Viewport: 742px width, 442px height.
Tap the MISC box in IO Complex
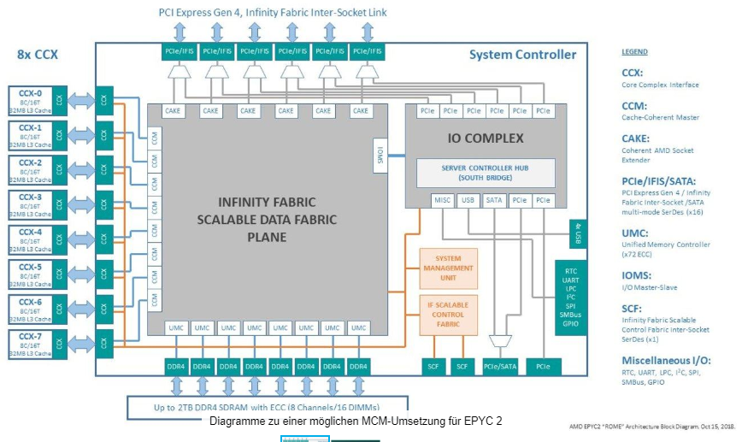(x=441, y=200)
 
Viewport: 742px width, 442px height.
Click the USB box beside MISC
(x=468, y=200)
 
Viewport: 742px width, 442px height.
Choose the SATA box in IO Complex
(x=494, y=200)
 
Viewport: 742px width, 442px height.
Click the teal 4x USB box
(x=577, y=234)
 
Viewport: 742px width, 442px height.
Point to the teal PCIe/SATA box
(x=500, y=366)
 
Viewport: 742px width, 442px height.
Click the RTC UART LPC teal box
(x=571, y=296)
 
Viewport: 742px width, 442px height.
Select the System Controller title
(x=522, y=55)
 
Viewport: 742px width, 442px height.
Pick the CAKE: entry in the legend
(x=635, y=138)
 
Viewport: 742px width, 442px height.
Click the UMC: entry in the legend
(x=633, y=233)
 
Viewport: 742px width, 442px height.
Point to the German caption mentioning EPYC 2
(x=356, y=421)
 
